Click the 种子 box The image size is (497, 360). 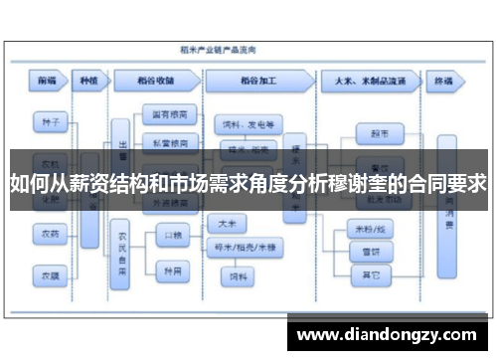coord(47,122)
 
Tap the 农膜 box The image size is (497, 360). coord(47,270)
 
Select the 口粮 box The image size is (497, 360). coord(171,235)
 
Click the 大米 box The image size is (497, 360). coord(227,223)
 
